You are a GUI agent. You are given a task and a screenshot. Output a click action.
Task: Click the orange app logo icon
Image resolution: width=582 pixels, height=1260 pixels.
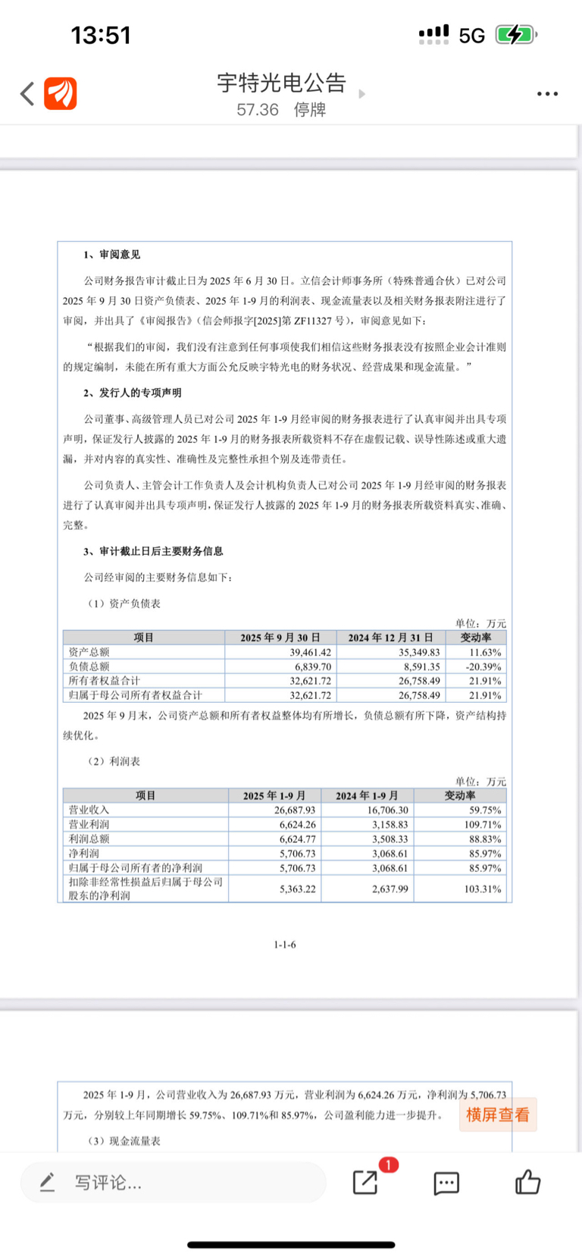click(x=61, y=94)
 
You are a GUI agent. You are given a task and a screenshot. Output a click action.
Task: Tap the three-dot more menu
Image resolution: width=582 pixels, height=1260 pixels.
click(x=547, y=94)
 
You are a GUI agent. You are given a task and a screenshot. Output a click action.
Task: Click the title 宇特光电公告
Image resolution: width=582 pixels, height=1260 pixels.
click(x=281, y=83)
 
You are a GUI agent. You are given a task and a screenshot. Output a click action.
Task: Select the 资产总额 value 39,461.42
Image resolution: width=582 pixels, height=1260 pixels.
click(x=310, y=652)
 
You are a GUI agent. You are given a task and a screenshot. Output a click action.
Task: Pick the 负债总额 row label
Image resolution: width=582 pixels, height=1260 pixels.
click(x=89, y=666)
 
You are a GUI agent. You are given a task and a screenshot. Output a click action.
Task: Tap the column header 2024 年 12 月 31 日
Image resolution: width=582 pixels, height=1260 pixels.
click(x=390, y=638)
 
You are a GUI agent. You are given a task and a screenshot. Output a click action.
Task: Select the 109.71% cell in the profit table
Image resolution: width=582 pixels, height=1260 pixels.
click(x=482, y=824)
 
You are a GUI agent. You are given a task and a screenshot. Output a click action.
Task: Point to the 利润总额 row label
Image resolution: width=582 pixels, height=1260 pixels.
click(x=89, y=838)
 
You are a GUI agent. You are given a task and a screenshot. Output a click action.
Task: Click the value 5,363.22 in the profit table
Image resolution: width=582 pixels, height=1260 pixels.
click(x=297, y=889)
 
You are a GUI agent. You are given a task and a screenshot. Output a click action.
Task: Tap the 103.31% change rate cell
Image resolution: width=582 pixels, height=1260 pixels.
click(x=482, y=889)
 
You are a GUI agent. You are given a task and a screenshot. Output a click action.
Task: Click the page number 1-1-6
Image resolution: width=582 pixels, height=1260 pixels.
click(x=285, y=944)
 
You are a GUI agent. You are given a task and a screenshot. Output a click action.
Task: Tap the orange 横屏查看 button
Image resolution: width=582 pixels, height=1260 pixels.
click(x=498, y=1114)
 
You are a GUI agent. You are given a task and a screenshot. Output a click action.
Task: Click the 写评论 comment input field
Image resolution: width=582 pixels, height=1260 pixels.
click(x=174, y=1182)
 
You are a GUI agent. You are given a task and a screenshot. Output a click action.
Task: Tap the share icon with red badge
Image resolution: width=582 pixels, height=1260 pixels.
click(x=366, y=1182)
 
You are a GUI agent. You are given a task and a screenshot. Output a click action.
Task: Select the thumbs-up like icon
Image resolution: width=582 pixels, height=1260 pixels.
click(x=527, y=1182)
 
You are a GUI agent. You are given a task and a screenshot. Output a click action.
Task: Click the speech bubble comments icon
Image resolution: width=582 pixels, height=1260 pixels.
click(x=446, y=1183)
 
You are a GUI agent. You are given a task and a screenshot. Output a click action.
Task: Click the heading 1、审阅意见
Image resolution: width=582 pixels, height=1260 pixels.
click(x=112, y=255)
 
